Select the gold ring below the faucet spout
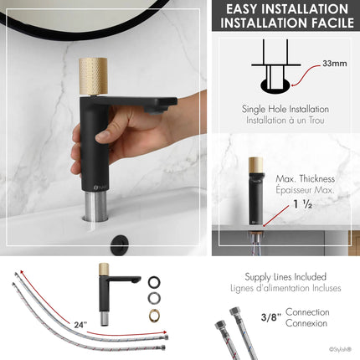click(155, 316)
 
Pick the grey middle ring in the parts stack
click(155, 297)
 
